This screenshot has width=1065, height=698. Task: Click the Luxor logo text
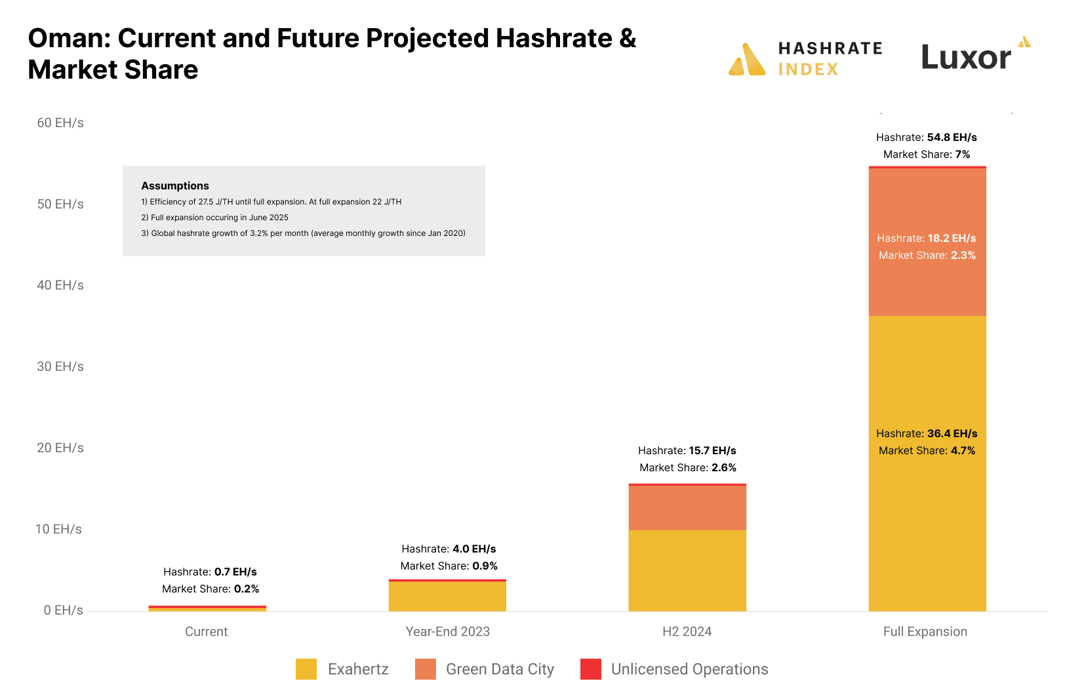pyautogui.click(x=966, y=58)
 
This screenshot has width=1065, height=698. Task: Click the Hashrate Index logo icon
pyautogui.click(x=747, y=60)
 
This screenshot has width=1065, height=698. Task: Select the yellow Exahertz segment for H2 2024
pyautogui.click(x=687, y=570)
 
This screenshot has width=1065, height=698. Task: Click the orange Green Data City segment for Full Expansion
pyautogui.click(x=927, y=275)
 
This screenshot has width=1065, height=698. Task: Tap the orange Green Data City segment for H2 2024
pyautogui.click(x=687, y=508)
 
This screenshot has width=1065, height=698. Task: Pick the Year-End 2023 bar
pyautogui.click(x=447, y=596)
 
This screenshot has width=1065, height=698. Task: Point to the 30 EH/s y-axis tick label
pyautogui.click(x=60, y=366)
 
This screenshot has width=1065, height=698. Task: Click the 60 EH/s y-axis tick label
pyautogui.click(x=60, y=123)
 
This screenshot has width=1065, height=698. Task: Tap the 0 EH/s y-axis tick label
pyautogui.click(x=63, y=610)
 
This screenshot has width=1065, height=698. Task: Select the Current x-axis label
pyautogui.click(x=206, y=631)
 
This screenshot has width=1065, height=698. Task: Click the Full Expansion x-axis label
pyautogui.click(x=925, y=631)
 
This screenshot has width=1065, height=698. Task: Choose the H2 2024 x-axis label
pyautogui.click(x=687, y=631)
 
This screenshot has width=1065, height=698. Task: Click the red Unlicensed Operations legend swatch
pyautogui.click(x=591, y=669)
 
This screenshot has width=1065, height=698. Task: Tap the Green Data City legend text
pyautogui.click(x=500, y=669)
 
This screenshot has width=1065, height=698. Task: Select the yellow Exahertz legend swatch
pyautogui.click(x=306, y=669)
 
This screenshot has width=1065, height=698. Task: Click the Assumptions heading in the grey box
pyautogui.click(x=175, y=185)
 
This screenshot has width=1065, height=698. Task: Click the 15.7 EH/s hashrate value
pyautogui.click(x=712, y=450)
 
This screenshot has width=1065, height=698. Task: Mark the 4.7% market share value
pyautogui.click(x=963, y=450)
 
